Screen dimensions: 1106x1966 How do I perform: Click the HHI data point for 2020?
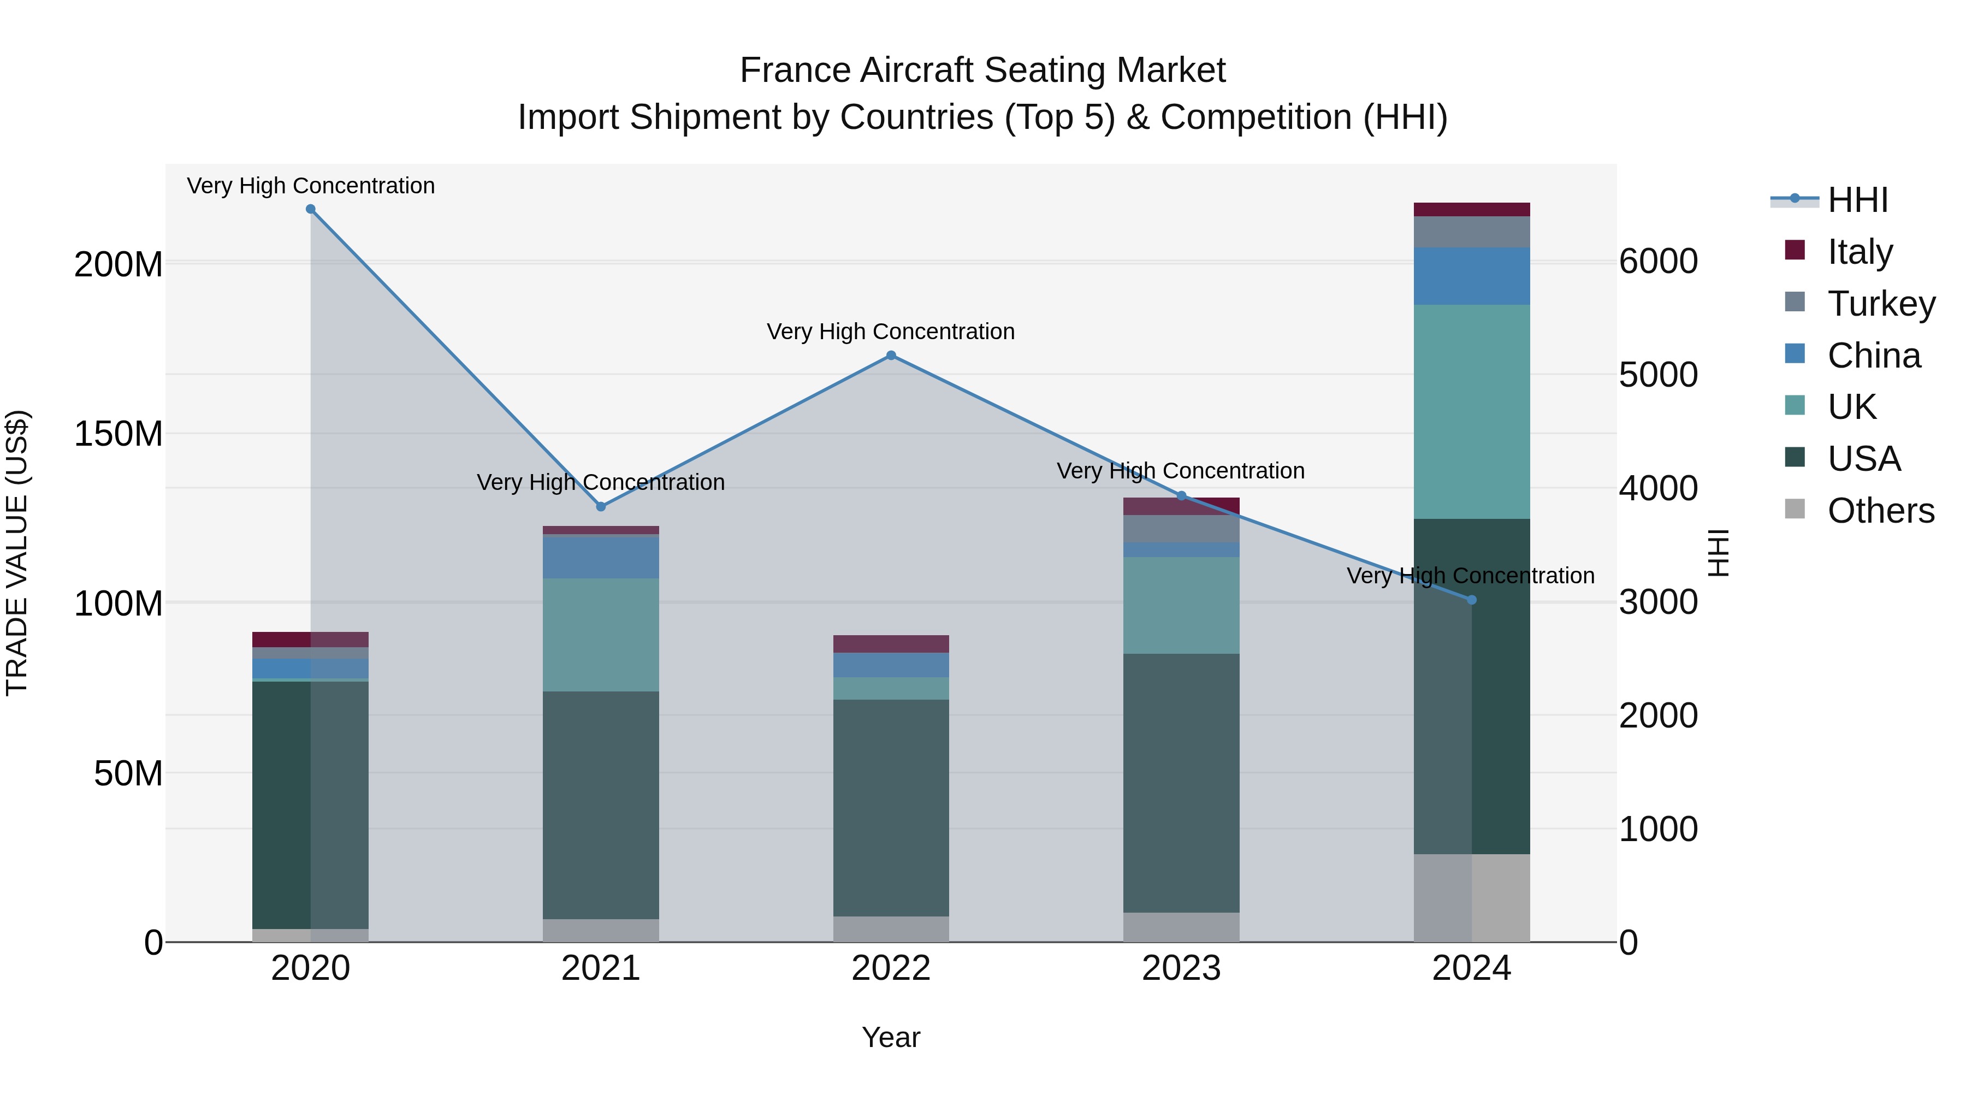(x=311, y=209)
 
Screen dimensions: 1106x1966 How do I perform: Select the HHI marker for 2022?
(x=891, y=356)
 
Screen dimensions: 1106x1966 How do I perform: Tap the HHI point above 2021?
(x=601, y=507)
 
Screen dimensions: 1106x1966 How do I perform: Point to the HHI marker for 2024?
(x=1471, y=600)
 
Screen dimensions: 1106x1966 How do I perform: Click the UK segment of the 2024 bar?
(x=1471, y=412)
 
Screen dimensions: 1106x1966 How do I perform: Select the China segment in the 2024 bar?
(x=1471, y=276)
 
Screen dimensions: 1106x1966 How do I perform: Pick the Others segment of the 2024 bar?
(x=1471, y=897)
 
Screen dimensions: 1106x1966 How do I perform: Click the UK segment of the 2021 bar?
(x=601, y=635)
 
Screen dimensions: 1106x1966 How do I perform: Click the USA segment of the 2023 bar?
(x=1181, y=782)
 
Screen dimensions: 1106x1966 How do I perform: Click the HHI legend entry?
(x=1858, y=200)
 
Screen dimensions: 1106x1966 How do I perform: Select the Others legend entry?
(x=1880, y=511)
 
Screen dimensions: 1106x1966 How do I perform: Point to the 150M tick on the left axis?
(x=119, y=434)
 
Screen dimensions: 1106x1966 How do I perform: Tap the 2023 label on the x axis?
(x=1181, y=968)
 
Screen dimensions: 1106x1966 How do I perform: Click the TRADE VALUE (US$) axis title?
(x=17, y=553)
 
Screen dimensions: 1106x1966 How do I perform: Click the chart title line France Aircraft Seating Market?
(x=982, y=70)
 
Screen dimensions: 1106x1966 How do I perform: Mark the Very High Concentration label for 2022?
(x=891, y=332)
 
